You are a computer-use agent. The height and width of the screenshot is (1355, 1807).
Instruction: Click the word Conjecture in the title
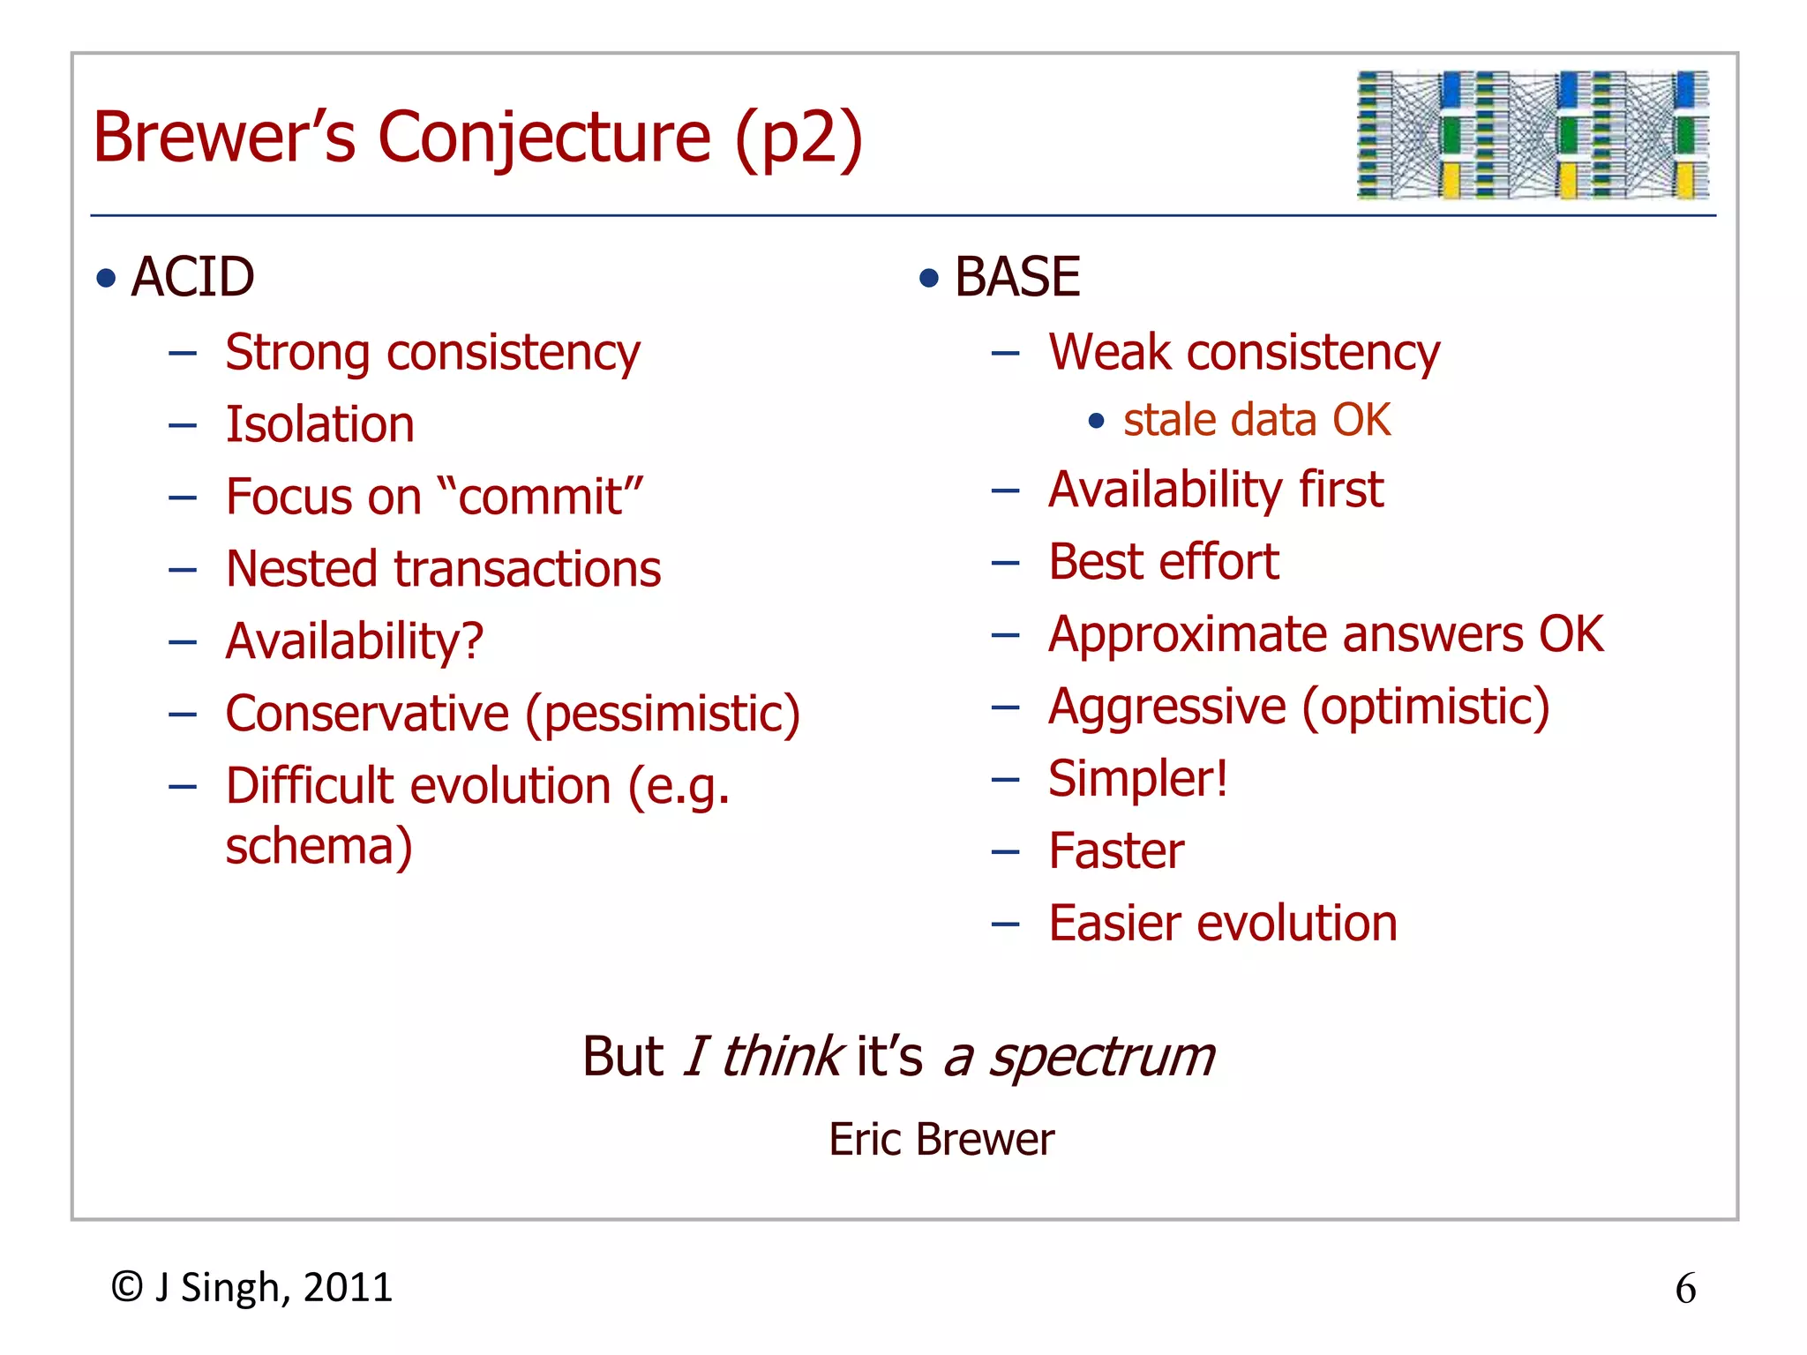pyautogui.click(x=544, y=138)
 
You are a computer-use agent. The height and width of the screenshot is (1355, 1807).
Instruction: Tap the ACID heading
pyautogui.click(x=192, y=277)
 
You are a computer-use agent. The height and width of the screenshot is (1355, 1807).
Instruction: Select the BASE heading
pyautogui.click(x=1016, y=277)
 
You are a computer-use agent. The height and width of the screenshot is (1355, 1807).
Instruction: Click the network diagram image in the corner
pyautogui.click(x=1533, y=135)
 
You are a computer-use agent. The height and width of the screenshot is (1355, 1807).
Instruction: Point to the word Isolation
pyautogui.click(x=319, y=424)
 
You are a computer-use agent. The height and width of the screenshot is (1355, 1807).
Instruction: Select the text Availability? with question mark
pyautogui.click(x=354, y=641)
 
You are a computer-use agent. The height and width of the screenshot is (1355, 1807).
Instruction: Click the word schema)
pyautogui.click(x=319, y=847)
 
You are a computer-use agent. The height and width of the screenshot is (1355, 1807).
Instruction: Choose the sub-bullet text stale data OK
pyautogui.click(x=1256, y=420)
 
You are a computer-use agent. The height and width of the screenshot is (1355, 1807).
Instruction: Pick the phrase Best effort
pyautogui.click(x=1163, y=562)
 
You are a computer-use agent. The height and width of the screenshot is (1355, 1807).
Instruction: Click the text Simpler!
pyautogui.click(x=1137, y=779)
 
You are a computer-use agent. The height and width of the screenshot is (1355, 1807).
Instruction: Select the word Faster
pyautogui.click(x=1115, y=851)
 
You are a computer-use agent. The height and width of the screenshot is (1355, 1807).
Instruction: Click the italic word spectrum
pyautogui.click(x=1101, y=1058)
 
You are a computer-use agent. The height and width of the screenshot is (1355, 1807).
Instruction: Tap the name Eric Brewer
pyautogui.click(x=941, y=1140)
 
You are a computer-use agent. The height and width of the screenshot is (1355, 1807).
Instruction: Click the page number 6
pyautogui.click(x=1684, y=1289)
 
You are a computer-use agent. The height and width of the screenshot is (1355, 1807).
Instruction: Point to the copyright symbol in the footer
pyautogui.click(x=127, y=1287)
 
